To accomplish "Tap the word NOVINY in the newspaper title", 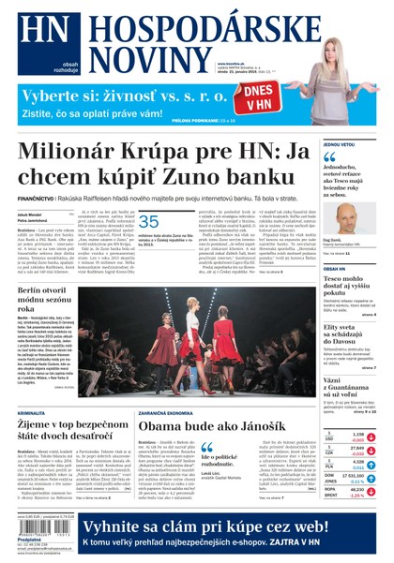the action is tap(138, 59).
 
